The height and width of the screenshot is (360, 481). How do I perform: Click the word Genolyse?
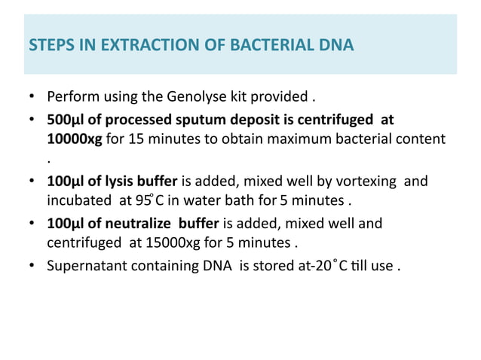[x=186, y=97]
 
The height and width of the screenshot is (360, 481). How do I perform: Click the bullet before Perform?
[x=32, y=98]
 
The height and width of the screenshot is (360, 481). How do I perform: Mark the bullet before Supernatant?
[x=32, y=266]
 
